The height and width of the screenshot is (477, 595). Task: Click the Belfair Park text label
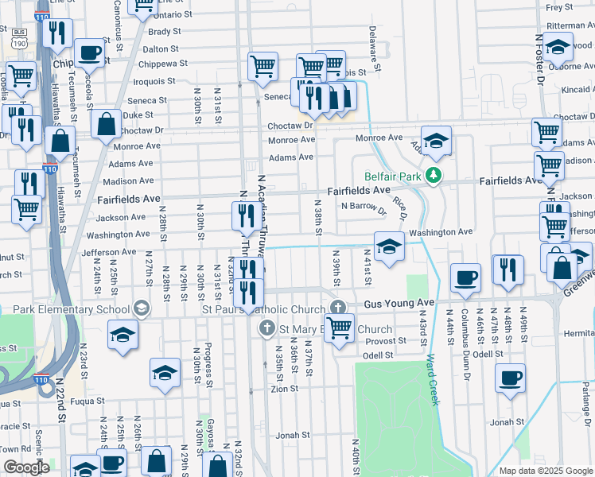click(x=391, y=176)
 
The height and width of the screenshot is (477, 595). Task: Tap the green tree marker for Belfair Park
click(x=433, y=176)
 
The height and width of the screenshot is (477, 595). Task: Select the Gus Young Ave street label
click(x=399, y=304)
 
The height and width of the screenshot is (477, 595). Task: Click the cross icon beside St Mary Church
click(x=266, y=328)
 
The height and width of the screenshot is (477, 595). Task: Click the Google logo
click(x=26, y=467)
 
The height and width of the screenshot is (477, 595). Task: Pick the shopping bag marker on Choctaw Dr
click(x=106, y=126)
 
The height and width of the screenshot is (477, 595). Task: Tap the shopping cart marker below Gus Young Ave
click(x=340, y=329)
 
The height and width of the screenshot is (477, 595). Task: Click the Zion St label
click(x=284, y=389)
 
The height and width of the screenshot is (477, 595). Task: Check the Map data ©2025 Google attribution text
click(x=546, y=471)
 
